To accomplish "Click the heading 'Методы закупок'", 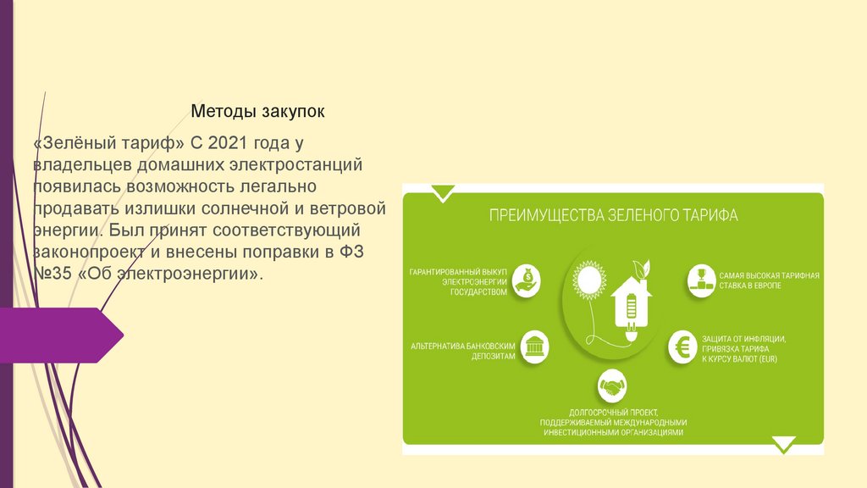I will [257, 111].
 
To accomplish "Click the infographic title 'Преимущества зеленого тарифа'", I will [613, 215].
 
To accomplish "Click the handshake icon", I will [611, 388].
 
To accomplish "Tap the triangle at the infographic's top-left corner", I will [442, 195].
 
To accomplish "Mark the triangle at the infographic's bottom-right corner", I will [784, 444].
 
